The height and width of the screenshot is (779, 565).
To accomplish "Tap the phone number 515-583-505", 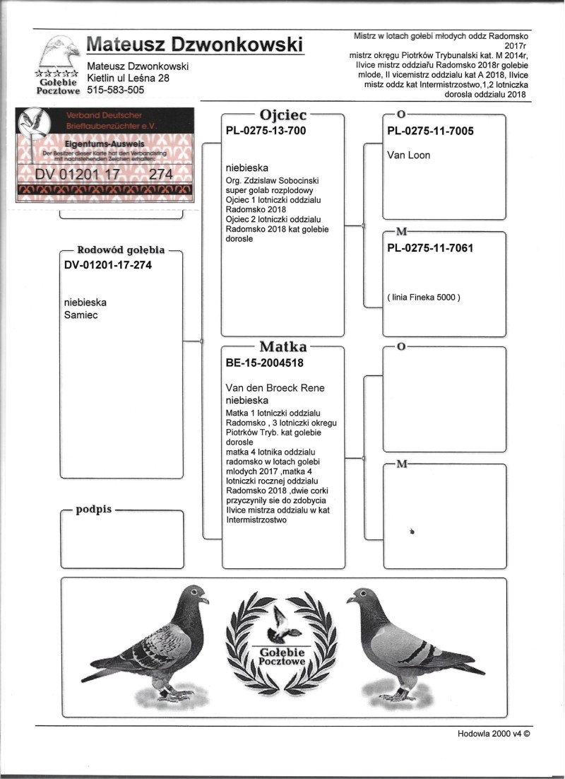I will click(x=116, y=90).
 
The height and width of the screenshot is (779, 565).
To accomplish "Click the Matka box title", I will click(x=282, y=347).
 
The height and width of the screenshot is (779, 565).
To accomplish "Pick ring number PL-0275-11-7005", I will click(x=430, y=131).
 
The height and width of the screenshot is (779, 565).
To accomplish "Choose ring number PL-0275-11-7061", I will click(x=430, y=248).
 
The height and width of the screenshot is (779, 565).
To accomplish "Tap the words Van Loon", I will click(x=409, y=155).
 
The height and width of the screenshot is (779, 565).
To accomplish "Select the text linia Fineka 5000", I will click(x=424, y=297).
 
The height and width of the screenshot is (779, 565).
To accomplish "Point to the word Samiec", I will click(x=81, y=315).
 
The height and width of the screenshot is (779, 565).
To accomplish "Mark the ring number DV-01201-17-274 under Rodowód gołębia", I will click(x=107, y=265).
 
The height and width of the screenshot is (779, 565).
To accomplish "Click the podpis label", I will click(x=94, y=510).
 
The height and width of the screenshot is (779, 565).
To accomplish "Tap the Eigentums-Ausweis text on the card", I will click(x=105, y=142).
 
